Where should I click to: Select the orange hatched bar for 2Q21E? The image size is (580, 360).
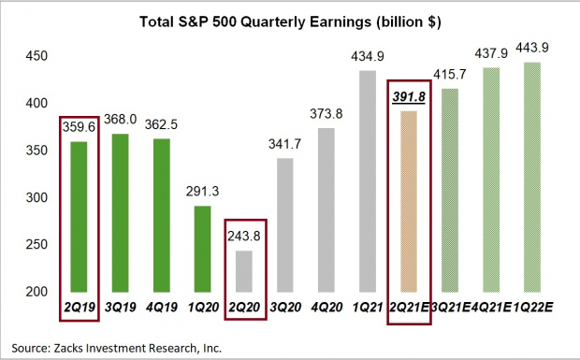(x=408, y=201)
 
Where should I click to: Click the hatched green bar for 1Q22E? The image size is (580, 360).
(x=532, y=177)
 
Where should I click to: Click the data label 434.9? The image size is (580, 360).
(x=366, y=56)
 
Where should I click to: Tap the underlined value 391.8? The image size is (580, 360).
(x=409, y=95)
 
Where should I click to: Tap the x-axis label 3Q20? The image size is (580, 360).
(x=283, y=304)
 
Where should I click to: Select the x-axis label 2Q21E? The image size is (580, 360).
(x=408, y=304)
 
